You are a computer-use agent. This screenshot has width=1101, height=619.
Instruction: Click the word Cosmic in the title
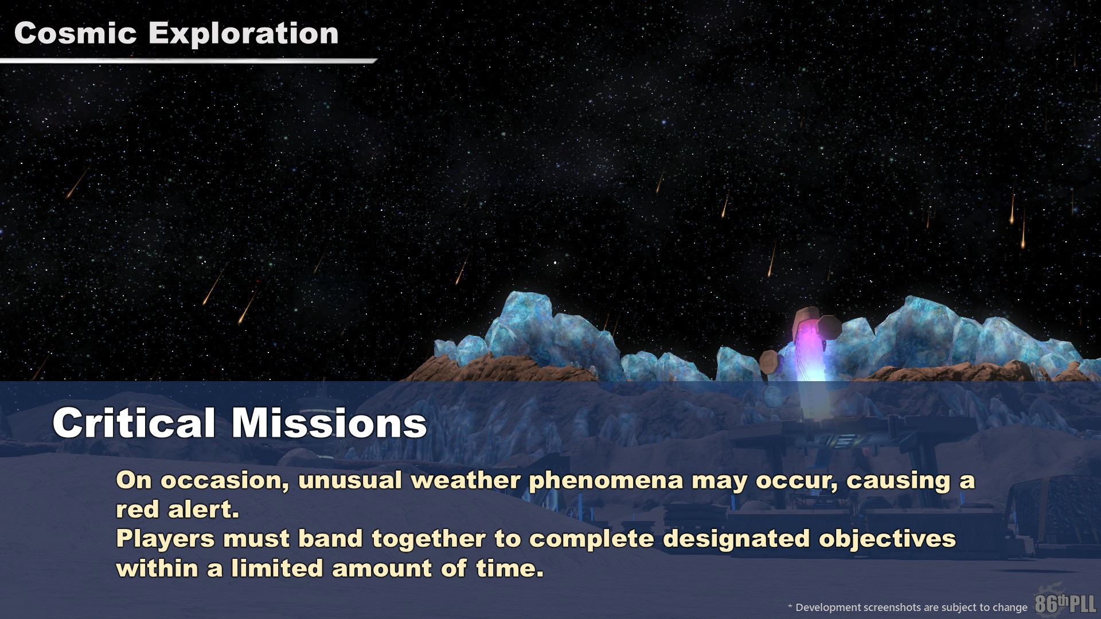[x=75, y=33]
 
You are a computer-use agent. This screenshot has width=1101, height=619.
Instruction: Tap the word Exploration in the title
[x=244, y=34]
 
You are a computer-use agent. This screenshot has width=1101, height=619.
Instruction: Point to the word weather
[x=465, y=480]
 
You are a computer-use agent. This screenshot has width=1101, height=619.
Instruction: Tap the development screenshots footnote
[x=908, y=607]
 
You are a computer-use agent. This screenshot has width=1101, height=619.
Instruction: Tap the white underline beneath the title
[x=189, y=60]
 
